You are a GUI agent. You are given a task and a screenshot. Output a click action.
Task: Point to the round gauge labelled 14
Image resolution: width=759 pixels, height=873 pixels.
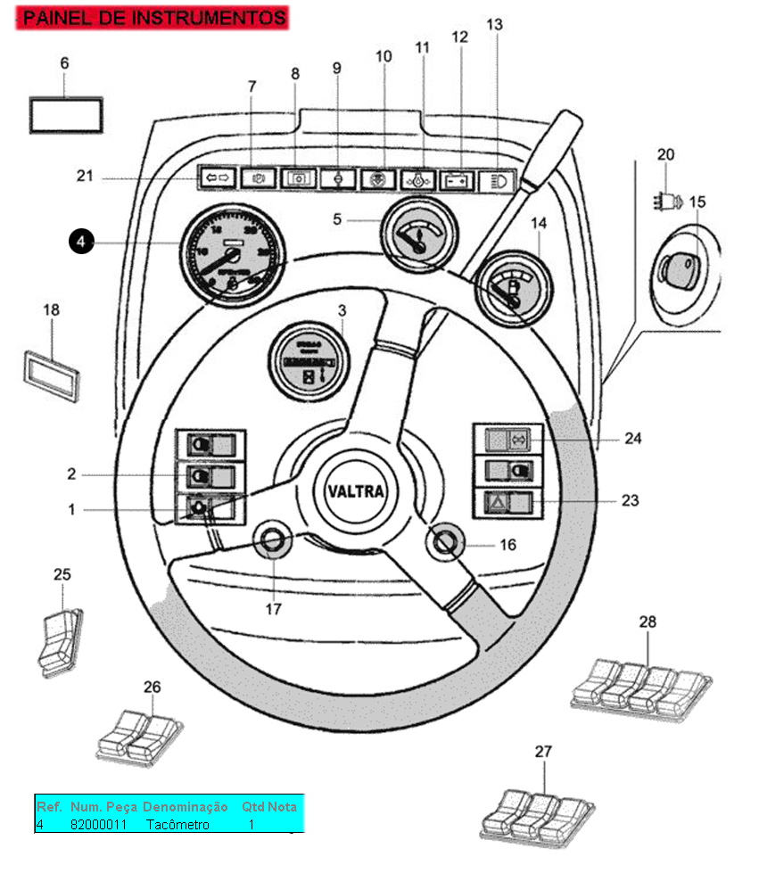point(513,286)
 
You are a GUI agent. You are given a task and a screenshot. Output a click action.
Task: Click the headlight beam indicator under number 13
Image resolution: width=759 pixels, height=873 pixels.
point(493,181)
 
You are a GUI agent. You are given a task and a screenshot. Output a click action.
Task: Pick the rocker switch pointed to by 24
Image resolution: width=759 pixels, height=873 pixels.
point(507,439)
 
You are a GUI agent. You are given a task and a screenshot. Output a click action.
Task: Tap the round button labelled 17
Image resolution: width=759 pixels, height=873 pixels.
point(273,540)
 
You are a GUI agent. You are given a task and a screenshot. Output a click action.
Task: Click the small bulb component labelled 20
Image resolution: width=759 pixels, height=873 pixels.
point(667,201)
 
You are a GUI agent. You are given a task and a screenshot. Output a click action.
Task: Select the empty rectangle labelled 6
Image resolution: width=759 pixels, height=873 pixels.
point(67,116)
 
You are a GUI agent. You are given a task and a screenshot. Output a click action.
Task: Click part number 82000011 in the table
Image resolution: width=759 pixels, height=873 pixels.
point(98,825)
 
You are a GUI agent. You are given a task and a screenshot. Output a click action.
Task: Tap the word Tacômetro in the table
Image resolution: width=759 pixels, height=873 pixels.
point(177,825)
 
